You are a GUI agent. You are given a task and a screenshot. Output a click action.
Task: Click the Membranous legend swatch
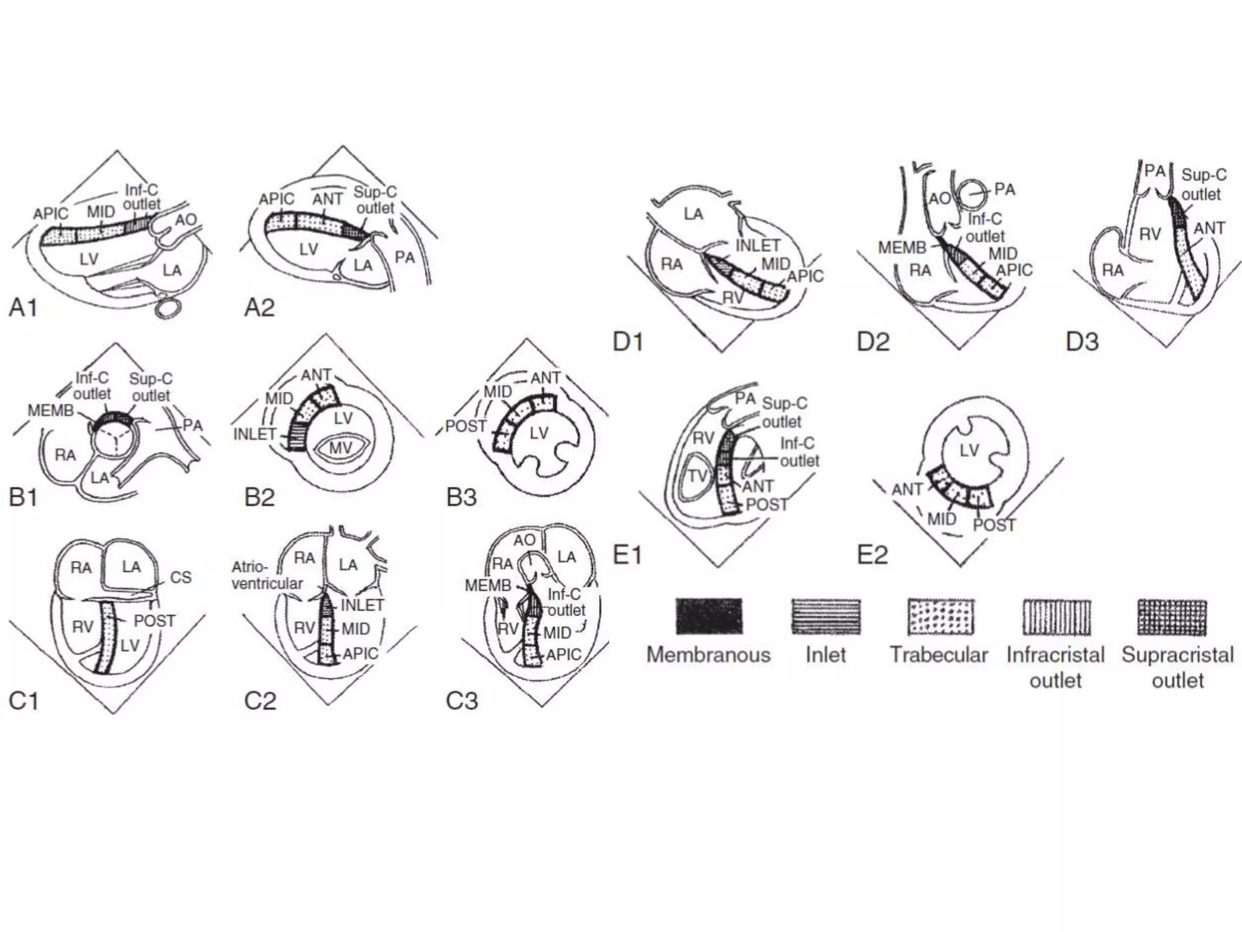pyautogui.click(x=709, y=616)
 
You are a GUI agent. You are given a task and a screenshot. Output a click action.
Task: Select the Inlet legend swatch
pyautogui.click(x=825, y=616)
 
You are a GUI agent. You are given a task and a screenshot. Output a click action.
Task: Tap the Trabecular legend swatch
pyautogui.click(x=941, y=616)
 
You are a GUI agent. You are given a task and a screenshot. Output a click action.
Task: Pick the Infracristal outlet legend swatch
pyautogui.click(x=1056, y=616)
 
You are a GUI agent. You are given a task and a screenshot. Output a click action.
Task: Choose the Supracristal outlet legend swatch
pyautogui.click(x=1172, y=616)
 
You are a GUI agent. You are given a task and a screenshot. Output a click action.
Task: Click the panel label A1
pyautogui.click(x=23, y=308)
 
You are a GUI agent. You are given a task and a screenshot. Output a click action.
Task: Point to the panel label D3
pyautogui.click(x=1083, y=342)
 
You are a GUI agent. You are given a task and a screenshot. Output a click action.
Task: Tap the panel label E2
pyautogui.click(x=872, y=555)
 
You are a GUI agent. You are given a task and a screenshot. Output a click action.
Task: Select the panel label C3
pyautogui.click(x=462, y=701)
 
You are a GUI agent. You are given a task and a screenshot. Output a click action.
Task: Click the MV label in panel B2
pyautogui.click(x=340, y=448)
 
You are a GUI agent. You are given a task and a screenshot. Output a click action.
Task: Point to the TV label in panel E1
pyautogui.click(x=697, y=476)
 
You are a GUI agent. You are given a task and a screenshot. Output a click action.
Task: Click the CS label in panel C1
pyautogui.click(x=181, y=576)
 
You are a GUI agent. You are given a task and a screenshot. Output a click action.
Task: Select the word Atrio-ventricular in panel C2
pyautogui.click(x=267, y=575)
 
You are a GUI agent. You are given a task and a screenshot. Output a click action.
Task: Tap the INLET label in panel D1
pyautogui.click(x=757, y=245)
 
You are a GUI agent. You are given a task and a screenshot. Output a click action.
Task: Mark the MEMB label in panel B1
pyautogui.click(x=51, y=411)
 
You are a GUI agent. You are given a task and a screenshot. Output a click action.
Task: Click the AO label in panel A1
pyautogui.click(x=186, y=219)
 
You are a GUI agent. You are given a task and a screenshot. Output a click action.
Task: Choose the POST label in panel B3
pyautogui.click(x=466, y=426)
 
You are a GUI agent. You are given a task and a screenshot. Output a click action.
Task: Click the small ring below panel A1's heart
pyautogui.click(x=169, y=306)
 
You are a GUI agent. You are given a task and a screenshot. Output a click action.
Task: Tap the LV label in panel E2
pyautogui.click(x=969, y=450)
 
